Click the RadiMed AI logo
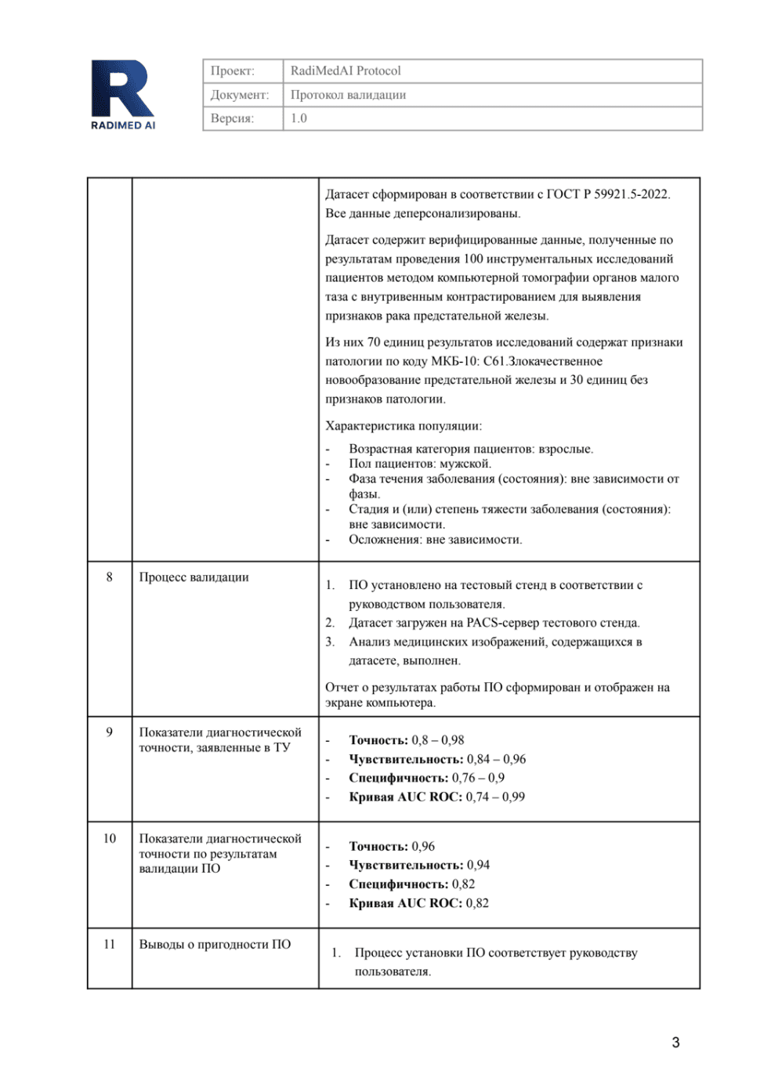[123, 95]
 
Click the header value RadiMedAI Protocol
[345, 71]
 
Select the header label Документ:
[239, 95]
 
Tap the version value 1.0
[299, 118]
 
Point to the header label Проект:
[232, 71]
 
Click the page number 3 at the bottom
[675, 1042]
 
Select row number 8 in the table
[109, 577]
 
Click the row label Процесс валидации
[194, 577]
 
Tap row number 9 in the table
[109, 732]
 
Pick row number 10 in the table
[109, 838]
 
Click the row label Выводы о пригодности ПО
[215, 944]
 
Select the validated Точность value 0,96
[423, 846]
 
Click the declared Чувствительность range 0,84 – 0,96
[496, 759]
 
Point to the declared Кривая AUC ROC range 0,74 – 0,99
[495, 797]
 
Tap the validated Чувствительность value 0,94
[478, 865]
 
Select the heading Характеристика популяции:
[404, 425]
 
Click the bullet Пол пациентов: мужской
[420, 463]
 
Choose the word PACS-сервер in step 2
[500, 623]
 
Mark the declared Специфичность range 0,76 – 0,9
[478, 778]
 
